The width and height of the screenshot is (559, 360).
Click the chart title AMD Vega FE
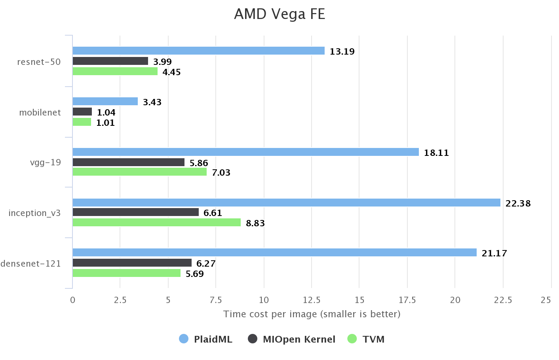(x=279, y=14)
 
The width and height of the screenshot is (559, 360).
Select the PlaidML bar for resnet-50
(x=198, y=51)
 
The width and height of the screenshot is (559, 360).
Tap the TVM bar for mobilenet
(x=82, y=122)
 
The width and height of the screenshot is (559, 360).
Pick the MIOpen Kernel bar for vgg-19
(x=128, y=162)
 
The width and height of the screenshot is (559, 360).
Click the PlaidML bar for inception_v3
(x=286, y=203)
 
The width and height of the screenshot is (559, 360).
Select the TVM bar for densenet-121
(x=126, y=273)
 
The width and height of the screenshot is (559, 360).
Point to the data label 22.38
(x=518, y=203)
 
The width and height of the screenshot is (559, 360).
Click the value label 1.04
(x=106, y=112)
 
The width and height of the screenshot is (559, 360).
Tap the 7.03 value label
(x=221, y=172)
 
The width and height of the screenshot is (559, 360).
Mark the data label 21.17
(x=494, y=253)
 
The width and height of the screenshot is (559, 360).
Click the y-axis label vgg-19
(x=46, y=162)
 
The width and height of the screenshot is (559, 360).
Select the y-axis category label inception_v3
(x=34, y=213)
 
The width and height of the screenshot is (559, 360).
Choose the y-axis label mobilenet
(x=40, y=112)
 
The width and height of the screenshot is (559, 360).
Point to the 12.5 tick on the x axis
(x=312, y=300)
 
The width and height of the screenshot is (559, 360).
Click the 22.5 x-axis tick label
(x=503, y=300)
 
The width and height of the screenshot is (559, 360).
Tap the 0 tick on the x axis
(x=72, y=300)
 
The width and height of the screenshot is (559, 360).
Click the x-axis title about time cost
(x=312, y=314)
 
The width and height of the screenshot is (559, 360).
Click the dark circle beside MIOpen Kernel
(x=253, y=339)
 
